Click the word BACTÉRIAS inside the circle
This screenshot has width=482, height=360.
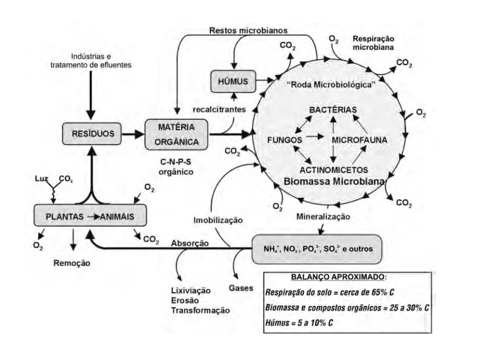[333, 110]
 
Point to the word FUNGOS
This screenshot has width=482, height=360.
[285, 139]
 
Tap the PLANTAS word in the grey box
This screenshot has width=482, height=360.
[64, 217]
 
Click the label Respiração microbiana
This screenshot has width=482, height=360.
[374, 43]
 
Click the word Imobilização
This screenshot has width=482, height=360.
[217, 221]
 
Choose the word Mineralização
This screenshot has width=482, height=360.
[323, 217]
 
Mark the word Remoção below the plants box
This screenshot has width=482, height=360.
[71, 264]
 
